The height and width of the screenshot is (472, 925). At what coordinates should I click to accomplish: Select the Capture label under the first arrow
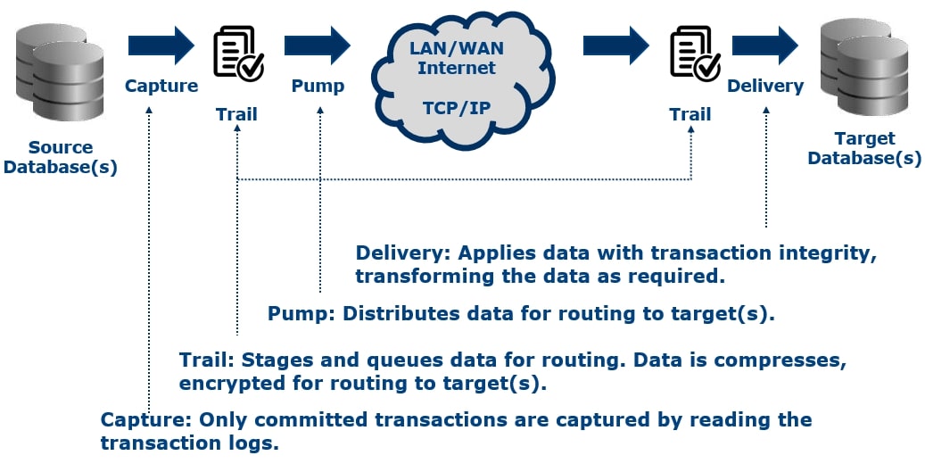[x=161, y=87]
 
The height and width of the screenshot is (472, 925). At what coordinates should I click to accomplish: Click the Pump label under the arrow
[x=318, y=87]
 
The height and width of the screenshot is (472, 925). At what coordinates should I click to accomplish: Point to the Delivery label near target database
[x=765, y=87]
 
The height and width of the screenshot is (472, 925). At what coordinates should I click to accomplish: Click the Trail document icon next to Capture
[x=237, y=54]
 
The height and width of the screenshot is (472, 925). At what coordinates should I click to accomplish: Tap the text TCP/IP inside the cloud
[x=456, y=108]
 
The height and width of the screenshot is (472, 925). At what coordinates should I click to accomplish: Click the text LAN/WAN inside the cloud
[x=456, y=46]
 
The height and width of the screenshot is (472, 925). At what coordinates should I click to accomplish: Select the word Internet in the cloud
[x=456, y=67]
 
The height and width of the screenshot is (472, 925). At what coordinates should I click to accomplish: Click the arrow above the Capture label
[x=161, y=45]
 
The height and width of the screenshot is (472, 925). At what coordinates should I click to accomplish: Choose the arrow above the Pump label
[x=318, y=45]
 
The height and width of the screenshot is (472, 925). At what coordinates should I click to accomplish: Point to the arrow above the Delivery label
[x=765, y=45]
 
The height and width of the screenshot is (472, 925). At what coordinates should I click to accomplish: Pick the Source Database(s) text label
[x=61, y=157]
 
